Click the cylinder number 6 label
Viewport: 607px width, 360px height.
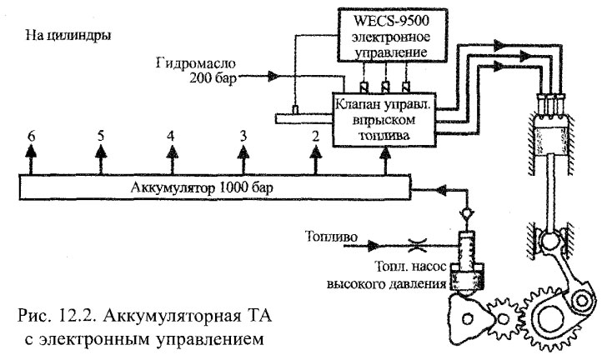[x=30, y=135]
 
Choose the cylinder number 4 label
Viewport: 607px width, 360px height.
[x=171, y=135]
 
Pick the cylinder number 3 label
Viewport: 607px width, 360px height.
[x=243, y=135]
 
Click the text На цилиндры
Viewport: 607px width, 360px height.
[x=69, y=37]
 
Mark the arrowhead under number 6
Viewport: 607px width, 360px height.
[x=30, y=151]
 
